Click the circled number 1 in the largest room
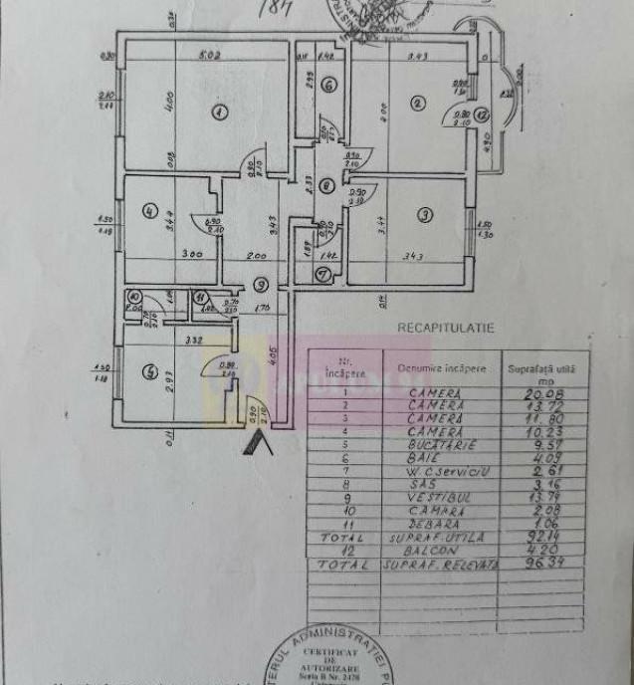219,112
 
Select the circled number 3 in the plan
424,214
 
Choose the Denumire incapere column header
443,367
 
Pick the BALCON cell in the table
436,549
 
